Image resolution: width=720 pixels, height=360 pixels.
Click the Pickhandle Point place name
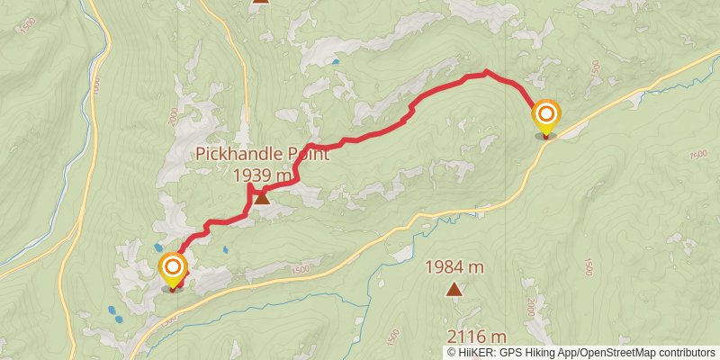[263, 154]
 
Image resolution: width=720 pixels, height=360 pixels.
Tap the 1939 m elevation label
[263, 175]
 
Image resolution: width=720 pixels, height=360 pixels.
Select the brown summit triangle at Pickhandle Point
[261, 197]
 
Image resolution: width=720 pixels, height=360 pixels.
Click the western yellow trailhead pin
[172, 268]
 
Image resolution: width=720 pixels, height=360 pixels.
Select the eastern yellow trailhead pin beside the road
[546, 116]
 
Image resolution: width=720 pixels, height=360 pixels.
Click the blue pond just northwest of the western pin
[159, 247]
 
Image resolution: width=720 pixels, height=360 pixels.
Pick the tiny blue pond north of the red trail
[335, 61]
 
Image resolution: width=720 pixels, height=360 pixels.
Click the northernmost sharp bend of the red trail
[486, 70]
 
